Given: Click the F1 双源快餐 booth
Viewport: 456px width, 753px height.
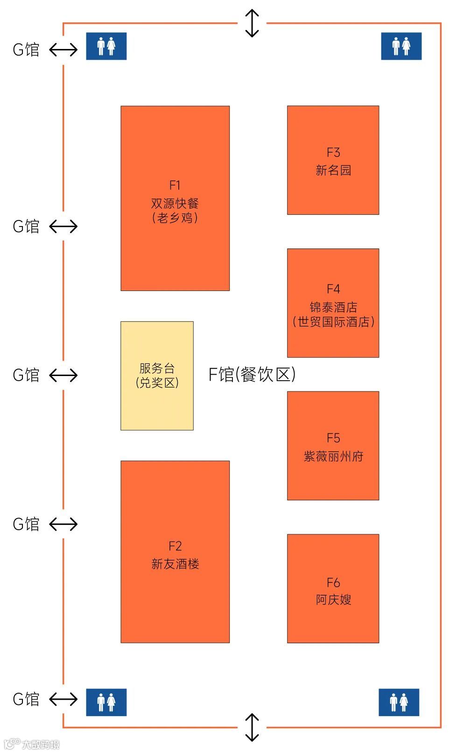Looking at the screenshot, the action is [175, 199].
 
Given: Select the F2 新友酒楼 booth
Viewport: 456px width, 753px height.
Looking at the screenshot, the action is [175, 552].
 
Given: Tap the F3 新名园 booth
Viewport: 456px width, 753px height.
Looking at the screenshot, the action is [333, 160].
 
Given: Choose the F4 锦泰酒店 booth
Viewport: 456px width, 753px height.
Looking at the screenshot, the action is [333, 303].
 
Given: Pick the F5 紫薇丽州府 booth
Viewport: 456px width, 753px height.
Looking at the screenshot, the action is [333, 446].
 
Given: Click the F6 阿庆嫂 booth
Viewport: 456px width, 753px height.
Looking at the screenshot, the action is [333, 589].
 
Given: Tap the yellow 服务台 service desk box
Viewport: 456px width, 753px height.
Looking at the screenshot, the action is [157, 376].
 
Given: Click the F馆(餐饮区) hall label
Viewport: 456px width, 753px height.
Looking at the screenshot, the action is [252, 374].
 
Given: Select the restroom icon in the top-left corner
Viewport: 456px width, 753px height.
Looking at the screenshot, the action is [106, 46].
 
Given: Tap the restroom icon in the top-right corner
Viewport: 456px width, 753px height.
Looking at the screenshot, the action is [401, 46].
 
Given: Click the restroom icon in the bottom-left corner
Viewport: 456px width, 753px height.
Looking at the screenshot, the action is [106, 702].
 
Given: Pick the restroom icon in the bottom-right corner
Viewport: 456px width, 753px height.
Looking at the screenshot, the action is [399, 702].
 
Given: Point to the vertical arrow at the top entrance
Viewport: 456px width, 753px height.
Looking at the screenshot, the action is [252, 23].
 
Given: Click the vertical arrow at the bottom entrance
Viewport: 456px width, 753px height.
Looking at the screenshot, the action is [252, 727].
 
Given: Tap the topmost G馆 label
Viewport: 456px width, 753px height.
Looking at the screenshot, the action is [26, 50].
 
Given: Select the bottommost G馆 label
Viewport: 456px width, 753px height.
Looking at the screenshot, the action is [26, 699].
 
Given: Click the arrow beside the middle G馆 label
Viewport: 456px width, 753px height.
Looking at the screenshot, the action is [63, 375].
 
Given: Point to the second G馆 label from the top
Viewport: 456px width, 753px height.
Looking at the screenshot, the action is [26, 227].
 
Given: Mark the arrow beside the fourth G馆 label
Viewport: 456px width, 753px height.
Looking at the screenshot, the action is [63, 524].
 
